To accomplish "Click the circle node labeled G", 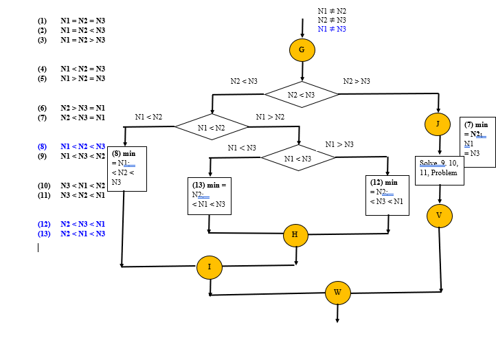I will point(302,50).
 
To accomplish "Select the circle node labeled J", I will point(438,124).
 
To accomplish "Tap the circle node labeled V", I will point(439,215).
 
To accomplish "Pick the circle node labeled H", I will point(295,235).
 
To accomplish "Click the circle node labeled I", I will point(210,267).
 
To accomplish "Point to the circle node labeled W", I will point(337,292).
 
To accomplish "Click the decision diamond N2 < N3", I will point(301,95).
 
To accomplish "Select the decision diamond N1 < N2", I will point(212,127).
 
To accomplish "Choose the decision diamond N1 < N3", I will point(298,158).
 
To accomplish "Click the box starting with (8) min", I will point(126,168).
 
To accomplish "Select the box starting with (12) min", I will point(387,195).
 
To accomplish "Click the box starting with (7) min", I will point(477,143).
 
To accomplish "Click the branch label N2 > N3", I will point(357,82).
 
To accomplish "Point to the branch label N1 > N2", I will point(270,117).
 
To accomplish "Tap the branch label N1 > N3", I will point(339,144).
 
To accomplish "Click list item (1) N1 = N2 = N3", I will point(73,21).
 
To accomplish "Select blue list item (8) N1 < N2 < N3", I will point(73,146).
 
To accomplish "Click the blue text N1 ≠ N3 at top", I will point(332,29).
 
